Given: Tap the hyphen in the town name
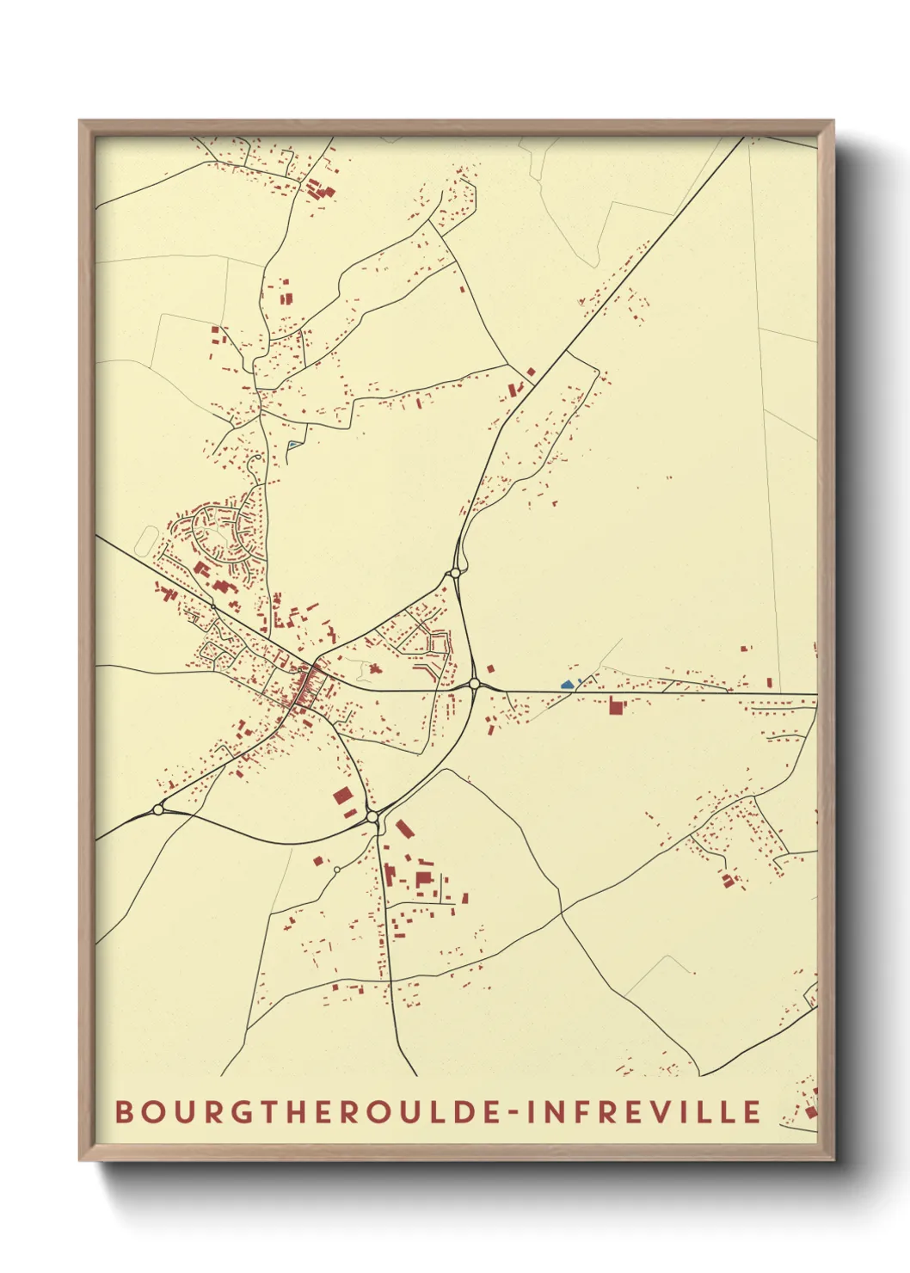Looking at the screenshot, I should click(513, 1112).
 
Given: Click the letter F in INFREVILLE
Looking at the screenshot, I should click(592, 1111).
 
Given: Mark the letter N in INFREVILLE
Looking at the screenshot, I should click(561, 1111).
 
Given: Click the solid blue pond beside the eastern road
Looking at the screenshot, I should click(567, 685).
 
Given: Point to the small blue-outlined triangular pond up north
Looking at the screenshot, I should click(294, 445).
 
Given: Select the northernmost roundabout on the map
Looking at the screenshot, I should click(455, 573).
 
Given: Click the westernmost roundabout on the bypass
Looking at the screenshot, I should click(157, 809).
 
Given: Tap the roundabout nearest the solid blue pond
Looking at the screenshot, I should click(474, 684).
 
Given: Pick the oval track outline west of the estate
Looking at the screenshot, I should click(145, 541).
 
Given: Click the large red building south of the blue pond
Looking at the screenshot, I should click(615, 706).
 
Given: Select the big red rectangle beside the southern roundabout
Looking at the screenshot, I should click(342, 796).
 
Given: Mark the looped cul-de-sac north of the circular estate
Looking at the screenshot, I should click(255, 464).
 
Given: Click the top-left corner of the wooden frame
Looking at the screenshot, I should click(80, 121).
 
